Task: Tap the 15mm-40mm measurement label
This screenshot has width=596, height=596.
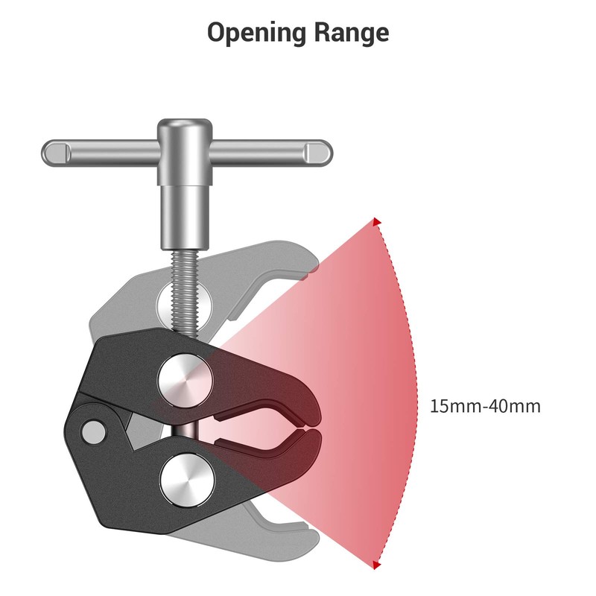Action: tap(485, 407)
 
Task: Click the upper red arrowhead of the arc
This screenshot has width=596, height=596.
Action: tap(377, 222)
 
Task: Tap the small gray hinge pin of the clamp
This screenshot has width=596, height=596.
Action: tap(93, 430)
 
